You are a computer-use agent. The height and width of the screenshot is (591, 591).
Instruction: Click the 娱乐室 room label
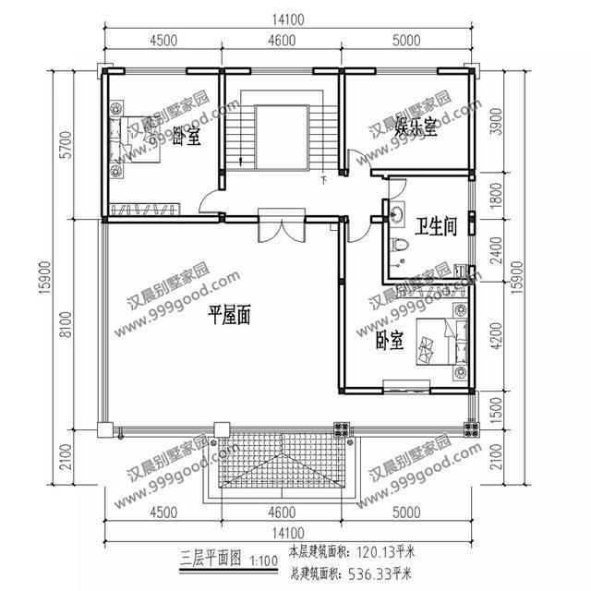(x=416, y=127)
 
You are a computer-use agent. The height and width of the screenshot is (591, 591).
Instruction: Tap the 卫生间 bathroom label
(x=436, y=226)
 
